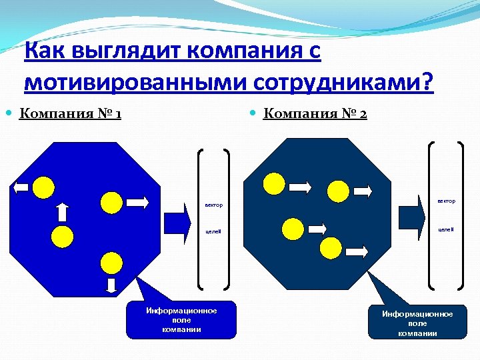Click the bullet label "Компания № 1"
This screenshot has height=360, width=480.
point(70,113)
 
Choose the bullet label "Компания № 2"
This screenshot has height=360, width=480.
point(315,113)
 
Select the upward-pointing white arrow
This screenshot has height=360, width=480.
point(63,211)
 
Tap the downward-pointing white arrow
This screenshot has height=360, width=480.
point(112,285)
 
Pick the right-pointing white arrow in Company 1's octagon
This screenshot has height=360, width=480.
point(139,201)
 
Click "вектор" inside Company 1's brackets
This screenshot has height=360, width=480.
point(214,204)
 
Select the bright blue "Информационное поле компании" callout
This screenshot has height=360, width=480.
point(181,320)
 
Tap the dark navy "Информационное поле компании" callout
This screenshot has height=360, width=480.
point(418,323)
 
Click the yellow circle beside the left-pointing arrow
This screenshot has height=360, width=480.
point(44,187)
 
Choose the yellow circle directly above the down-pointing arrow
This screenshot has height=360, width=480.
point(111,262)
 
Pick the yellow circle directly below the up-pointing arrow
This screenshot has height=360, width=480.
point(63,235)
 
